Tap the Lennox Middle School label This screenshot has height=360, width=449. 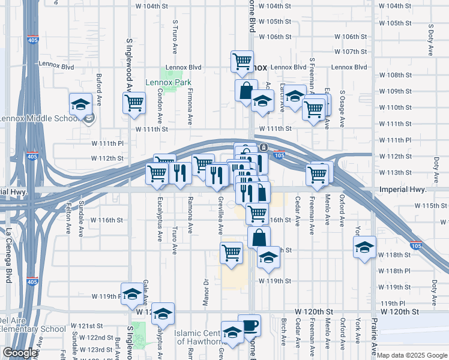[40, 118]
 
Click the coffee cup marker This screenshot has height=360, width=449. [249, 325]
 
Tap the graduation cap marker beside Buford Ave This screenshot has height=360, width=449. [80, 104]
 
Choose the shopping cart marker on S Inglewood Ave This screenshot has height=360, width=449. [134, 102]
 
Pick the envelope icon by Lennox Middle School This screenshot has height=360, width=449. [89, 119]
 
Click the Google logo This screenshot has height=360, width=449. [19, 353]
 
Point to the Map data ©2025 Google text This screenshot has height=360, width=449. [412, 355]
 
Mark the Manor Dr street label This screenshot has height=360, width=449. [205, 290]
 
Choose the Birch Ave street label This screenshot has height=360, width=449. [283, 332]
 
